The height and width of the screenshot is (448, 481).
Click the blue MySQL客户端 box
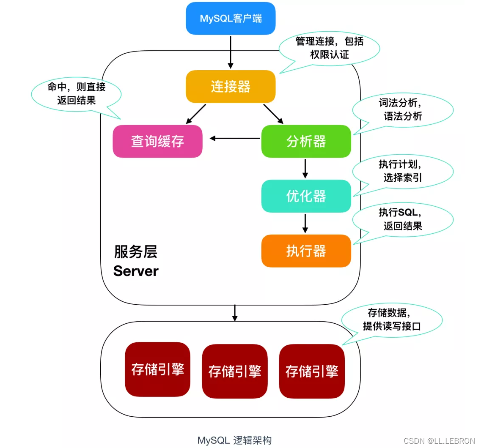pyautogui.click(x=231, y=19)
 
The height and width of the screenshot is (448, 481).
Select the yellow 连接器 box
pyautogui.click(x=231, y=87)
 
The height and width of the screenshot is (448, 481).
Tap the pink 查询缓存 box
pyautogui.click(x=157, y=141)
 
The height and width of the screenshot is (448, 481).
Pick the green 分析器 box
pyautogui.click(x=306, y=141)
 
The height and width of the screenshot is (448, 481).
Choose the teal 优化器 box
pyautogui.click(x=306, y=196)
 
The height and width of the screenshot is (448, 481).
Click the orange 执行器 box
pyautogui.click(x=306, y=251)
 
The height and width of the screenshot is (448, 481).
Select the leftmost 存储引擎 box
pyautogui.click(x=157, y=370)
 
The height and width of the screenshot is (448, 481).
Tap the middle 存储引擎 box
pyautogui.click(x=234, y=371)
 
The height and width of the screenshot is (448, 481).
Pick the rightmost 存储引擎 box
pyautogui.click(x=312, y=371)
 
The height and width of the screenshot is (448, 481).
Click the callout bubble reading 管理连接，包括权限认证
pyautogui.click(x=329, y=48)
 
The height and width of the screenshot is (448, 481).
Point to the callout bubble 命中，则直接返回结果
pyautogui.click(x=76, y=94)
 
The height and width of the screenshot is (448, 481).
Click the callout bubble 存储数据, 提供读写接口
pyautogui.click(x=392, y=320)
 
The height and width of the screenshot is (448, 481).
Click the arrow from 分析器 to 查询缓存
pyautogui.click(x=235, y=138)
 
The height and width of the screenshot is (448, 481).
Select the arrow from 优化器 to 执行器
pyautogui.click(x=305, y=223)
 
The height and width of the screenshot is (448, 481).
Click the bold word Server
pyautogui.click(x=136, y=271)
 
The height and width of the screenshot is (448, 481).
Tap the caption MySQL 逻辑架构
pyautogui.click(x=234, y=440)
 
